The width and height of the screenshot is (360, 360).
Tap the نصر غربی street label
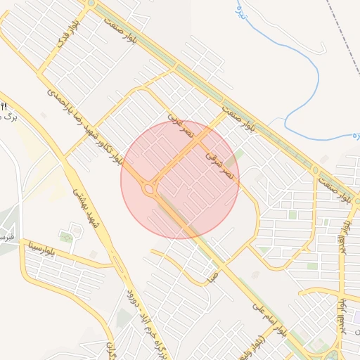[180, 123]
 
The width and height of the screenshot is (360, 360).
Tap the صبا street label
[212, 277]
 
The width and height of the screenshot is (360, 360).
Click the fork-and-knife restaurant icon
[4, 106]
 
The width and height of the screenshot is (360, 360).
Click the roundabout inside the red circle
[148, 188]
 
